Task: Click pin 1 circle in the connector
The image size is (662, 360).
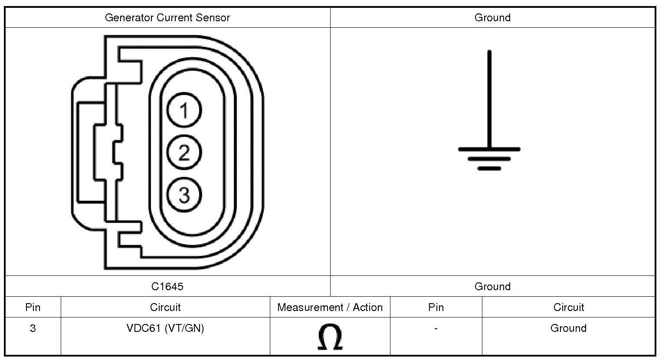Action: coord(184,110)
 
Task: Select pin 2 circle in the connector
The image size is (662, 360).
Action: coord(184,152)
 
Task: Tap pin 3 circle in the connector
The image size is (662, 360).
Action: coord(184,194)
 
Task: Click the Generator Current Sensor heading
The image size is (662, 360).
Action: coord(167,18)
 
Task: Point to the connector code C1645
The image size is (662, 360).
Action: coord(167,286)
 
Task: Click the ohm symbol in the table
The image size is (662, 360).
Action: coord(330,337)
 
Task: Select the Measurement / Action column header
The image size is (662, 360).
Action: coord(330,308)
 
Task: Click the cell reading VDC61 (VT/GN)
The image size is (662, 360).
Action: coord(165,328)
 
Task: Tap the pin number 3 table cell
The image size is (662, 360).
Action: coord(33,328)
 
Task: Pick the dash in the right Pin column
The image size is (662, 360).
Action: coord(436,328)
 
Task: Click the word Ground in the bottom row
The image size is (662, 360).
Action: coord(568,328)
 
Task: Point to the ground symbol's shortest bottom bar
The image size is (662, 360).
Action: coord(489,168)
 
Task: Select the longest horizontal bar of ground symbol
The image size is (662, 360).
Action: coord(489,149)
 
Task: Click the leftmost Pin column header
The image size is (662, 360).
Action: coord(33,308)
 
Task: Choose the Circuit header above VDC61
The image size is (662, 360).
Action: coord(165,308)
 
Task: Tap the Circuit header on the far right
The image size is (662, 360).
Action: coord(568,308)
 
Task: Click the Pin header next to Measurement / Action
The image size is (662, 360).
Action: coord(436,308)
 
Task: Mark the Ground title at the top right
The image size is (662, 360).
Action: coord(492,18)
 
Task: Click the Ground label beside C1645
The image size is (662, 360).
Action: coord(492,286)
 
